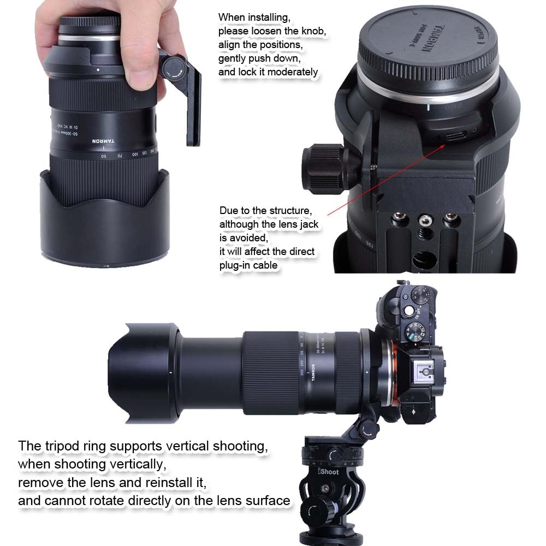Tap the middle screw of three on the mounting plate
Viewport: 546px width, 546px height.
coord(423,221)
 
